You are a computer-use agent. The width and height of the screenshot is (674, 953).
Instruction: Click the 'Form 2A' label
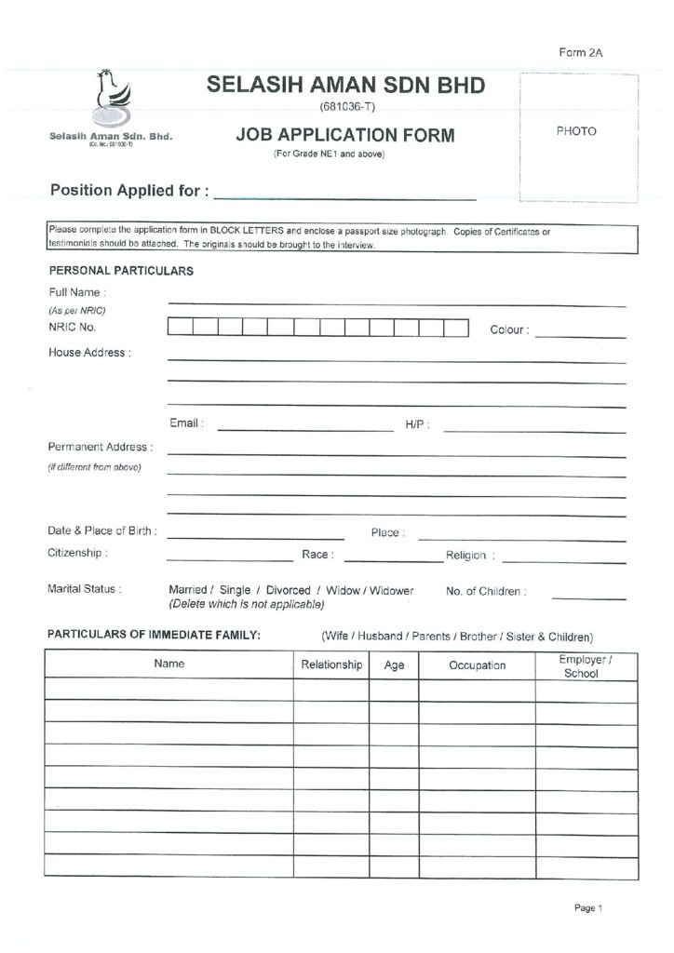pos(581,53)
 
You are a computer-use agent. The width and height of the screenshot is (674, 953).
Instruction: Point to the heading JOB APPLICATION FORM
pos(345,136)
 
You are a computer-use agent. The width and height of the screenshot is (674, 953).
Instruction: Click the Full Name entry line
pos(396,302)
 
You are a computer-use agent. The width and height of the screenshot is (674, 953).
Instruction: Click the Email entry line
pos(305,428)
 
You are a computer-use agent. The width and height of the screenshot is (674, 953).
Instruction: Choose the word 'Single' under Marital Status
pos(235,591)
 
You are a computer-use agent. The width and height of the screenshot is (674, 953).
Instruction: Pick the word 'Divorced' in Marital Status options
pos(288,591)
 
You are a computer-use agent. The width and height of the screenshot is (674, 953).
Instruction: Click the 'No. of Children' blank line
pos(588,596)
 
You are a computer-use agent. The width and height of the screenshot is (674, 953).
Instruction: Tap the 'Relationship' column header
pos(331,664)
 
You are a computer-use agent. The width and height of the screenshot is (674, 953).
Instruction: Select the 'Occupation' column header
pos(477,665)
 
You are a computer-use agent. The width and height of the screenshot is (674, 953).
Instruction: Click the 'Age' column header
pos(394,665)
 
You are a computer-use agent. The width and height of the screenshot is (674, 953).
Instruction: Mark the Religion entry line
pos(563,560)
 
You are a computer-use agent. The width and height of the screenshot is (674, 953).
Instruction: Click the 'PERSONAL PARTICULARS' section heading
pos(121,272)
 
